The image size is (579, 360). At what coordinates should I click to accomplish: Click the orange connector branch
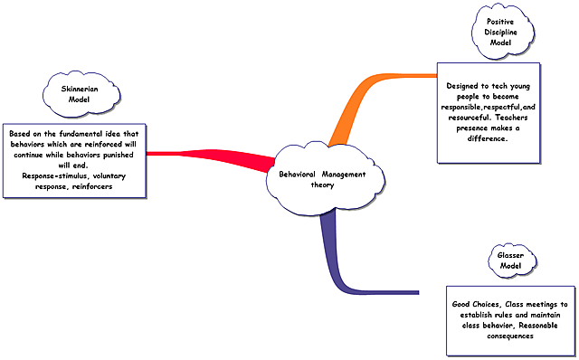point(362,99)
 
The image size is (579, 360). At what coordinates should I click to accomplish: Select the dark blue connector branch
point(344,271)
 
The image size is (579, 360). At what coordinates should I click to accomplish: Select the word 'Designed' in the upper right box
point(464,86)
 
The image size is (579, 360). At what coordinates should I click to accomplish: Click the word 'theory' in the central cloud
point(323,185)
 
